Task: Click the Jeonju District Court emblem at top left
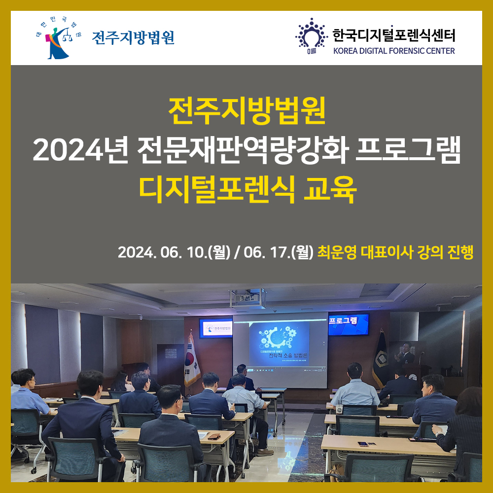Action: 58,38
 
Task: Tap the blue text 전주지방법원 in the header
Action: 133,38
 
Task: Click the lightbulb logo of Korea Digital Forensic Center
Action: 311,35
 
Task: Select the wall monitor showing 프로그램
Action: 348,324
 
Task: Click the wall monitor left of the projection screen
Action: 216,328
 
